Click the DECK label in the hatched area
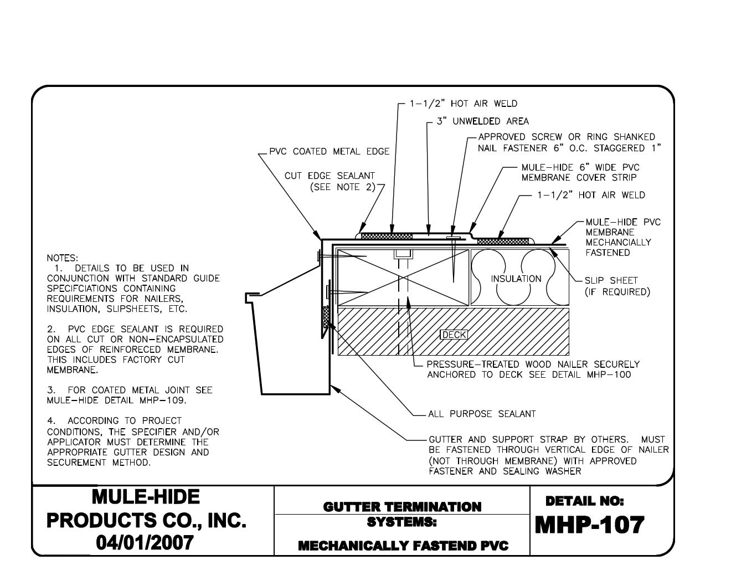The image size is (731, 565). point(454,335)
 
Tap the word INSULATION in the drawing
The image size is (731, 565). point(516,279)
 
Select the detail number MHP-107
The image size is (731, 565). point(589,525)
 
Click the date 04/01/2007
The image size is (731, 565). point(146,542)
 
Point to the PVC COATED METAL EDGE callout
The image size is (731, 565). point(329,151)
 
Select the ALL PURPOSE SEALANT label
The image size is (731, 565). point(482,414)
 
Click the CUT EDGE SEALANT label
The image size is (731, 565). point(330,176)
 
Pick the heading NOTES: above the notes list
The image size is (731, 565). point(62,258)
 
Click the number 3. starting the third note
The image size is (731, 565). point(50,390)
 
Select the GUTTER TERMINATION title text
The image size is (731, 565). point(402,506)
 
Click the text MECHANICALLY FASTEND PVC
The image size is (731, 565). point(403,546)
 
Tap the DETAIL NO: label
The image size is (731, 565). point(584,501)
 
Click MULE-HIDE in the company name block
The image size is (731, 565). point(146,497)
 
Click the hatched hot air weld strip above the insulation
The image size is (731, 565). point(502,241)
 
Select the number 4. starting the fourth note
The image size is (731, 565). point(50,421)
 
